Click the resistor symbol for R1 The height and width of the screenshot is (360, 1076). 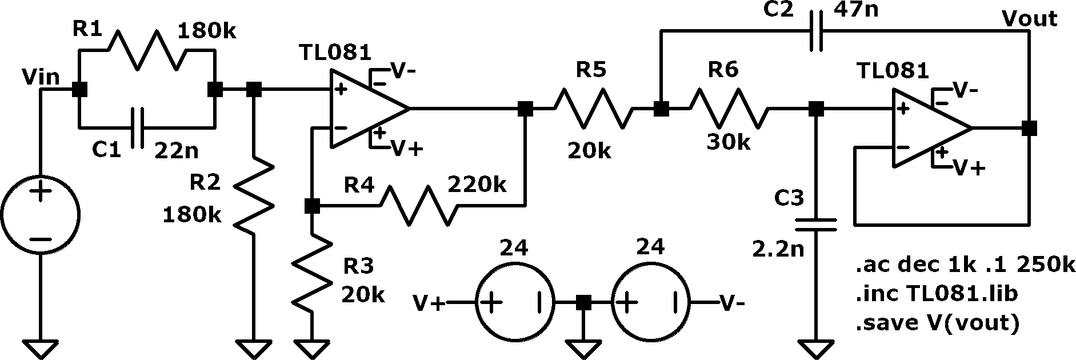click(x=147, y=50)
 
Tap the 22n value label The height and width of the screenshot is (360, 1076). click(x=177, y=151)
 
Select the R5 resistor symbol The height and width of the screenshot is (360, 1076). click(x=593, y=108)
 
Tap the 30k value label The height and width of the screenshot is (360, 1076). click(x=729, y=142)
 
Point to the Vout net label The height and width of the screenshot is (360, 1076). click(x=1030, y=19)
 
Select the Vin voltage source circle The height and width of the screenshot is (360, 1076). click(x=40, y=213)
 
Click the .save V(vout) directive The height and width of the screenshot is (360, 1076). click(x=937, y=323)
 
